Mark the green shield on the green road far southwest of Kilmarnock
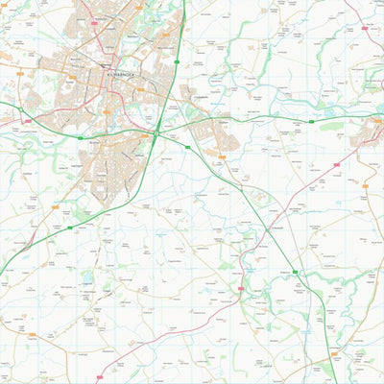tap(69, 228)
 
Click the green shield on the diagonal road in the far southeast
tap(296, 274)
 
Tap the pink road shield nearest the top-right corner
tap(366, 29)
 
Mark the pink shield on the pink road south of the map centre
tap(240, 288)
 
